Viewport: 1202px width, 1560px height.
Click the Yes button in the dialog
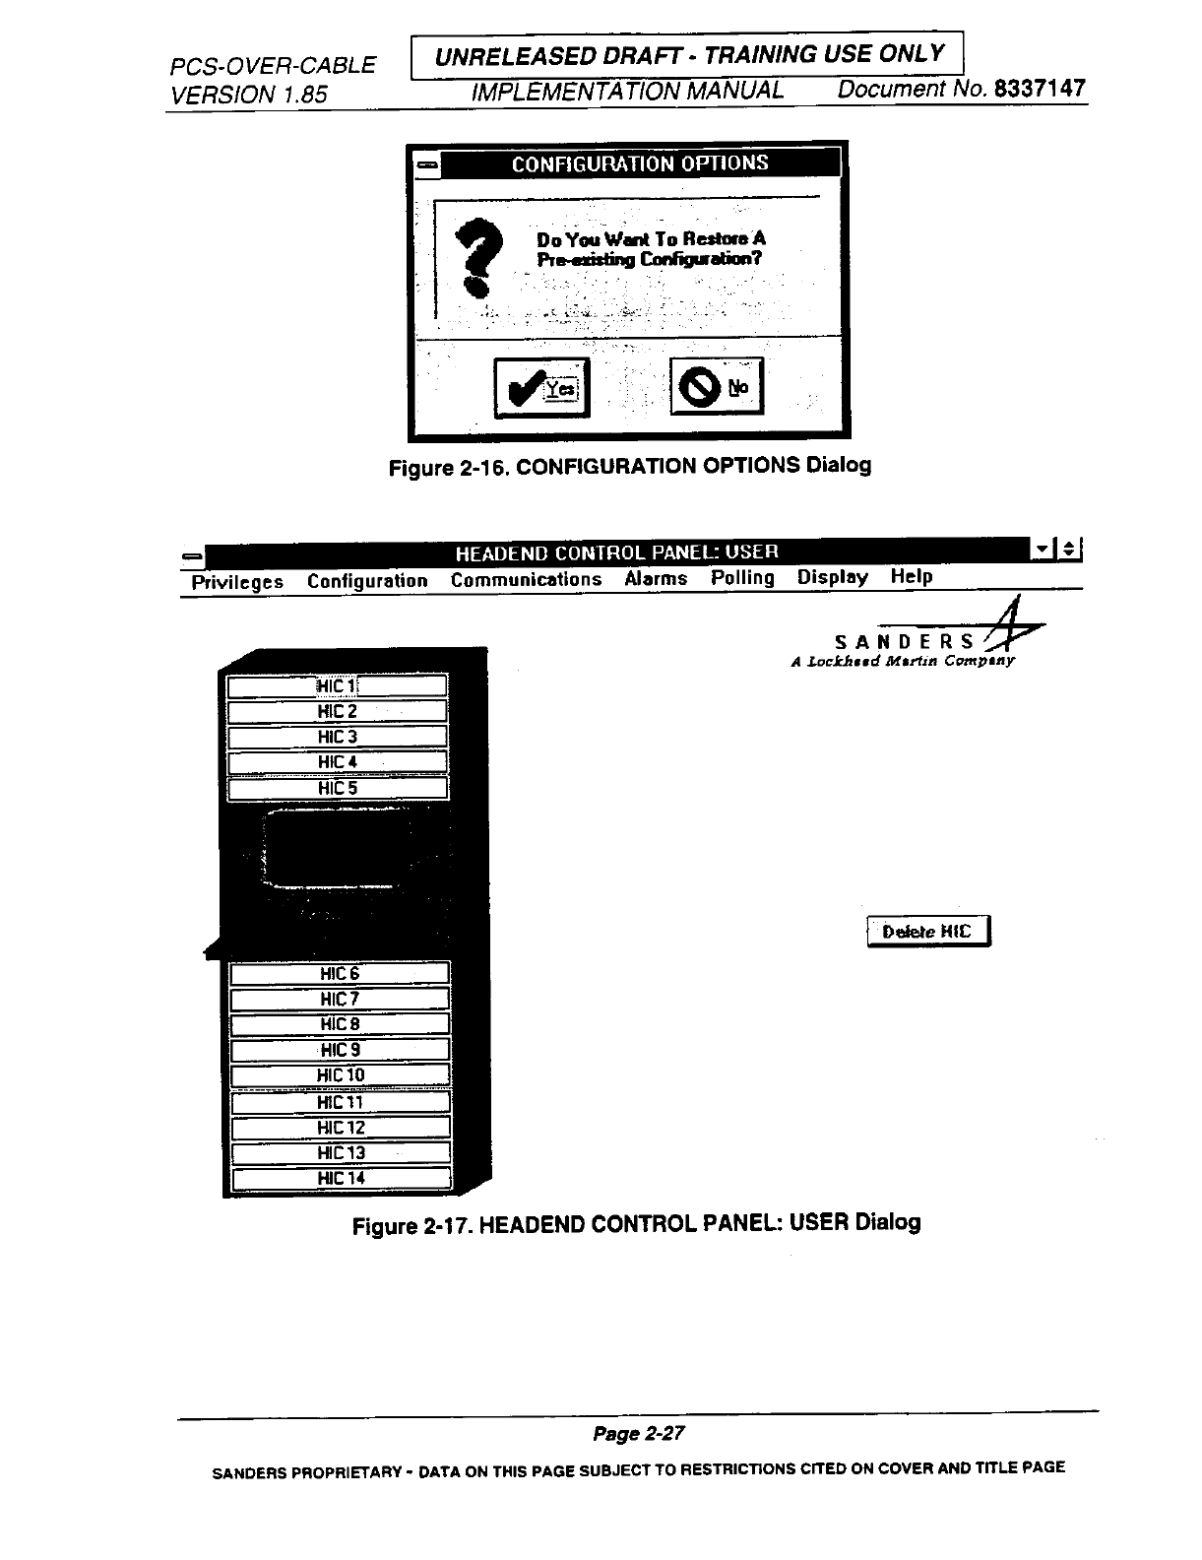541,388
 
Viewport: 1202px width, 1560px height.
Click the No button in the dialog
717,387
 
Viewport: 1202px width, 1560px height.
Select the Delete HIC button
927,932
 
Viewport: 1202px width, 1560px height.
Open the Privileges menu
237,582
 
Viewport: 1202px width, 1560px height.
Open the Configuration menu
367,581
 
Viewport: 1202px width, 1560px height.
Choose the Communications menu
526,580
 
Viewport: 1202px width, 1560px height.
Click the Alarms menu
656,579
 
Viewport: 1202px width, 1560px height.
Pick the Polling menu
742,578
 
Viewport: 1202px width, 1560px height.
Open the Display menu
833,577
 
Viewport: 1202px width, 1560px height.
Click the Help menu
912,576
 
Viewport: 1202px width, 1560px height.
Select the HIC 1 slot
338,685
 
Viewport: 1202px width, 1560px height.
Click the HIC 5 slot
338,788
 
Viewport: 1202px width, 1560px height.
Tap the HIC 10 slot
341,1075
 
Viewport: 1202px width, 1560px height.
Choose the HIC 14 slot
341,1178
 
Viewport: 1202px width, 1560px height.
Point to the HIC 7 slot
340,1000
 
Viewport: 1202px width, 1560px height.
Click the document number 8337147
1040,89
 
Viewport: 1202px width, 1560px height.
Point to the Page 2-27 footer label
638,1433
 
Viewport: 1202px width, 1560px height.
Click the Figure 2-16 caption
630,465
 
